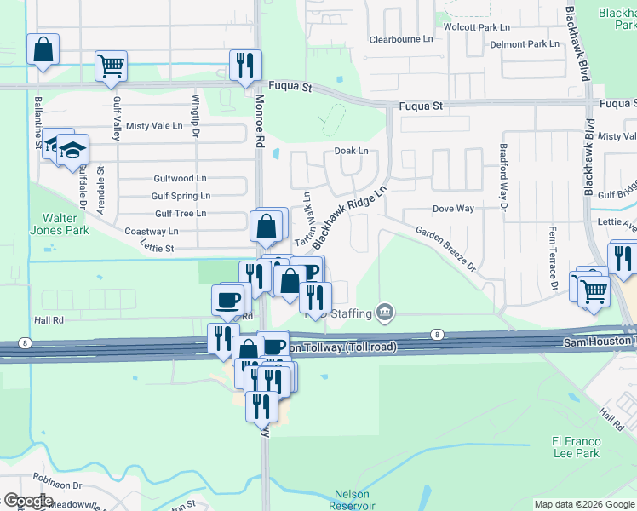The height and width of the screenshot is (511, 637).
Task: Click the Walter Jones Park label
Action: pos(66,224)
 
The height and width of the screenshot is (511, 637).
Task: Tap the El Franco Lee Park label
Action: pos(577,447)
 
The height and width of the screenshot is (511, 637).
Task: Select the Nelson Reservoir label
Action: pos(355,499)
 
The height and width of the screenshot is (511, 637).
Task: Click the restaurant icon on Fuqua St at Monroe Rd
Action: pos(245,65)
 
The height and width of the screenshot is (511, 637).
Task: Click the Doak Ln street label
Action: pos(351,151)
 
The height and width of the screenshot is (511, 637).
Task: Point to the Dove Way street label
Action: pos(453,209)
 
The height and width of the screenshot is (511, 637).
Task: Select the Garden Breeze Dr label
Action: pos(445,248)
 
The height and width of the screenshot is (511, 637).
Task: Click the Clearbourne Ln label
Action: pos(401,39)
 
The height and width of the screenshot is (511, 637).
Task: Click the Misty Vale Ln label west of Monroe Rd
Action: pos(154,126)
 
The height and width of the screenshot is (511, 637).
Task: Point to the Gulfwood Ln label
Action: pos(180,179)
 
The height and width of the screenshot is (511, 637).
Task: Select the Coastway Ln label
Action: pos(152,231)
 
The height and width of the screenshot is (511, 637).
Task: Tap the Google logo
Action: pos(28,501)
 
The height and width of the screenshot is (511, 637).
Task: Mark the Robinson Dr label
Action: pos(58,485)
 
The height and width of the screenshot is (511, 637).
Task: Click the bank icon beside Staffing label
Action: pos(385,313)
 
